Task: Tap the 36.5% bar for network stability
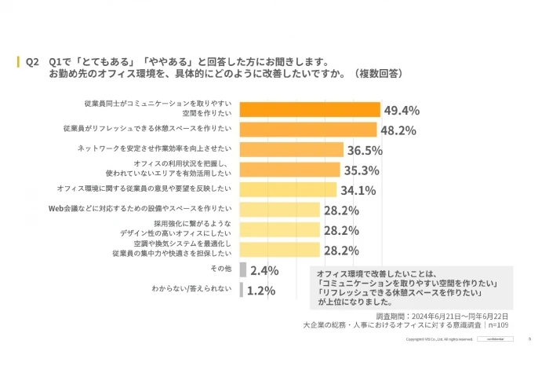click(290, 149)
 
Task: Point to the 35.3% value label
click(361, 170)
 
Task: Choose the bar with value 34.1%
click(287, 189)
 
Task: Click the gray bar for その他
click(242, 269)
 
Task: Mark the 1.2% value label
click(262, 291)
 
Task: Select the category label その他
click(223, 269)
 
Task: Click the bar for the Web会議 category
click(278, 210)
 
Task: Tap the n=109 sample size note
click(496, 324)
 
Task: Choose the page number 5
click(529, 339)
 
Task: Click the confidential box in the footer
click(496, 339)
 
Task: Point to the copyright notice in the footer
click(438, 339)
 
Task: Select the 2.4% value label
click(265, 270)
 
